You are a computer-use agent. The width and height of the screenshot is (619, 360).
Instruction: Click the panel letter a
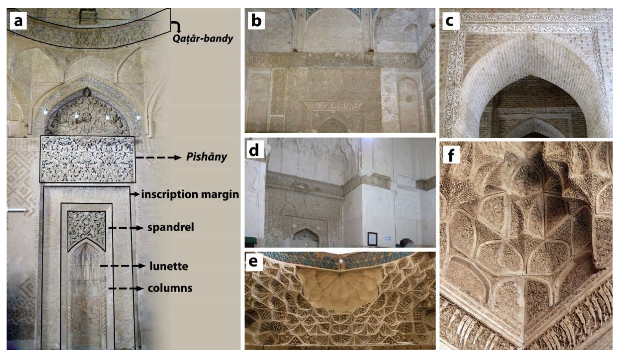pos(18,21)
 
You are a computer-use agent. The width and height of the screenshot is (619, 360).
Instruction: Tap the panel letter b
pos(256,21)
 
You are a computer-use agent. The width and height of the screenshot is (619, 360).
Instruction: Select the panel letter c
pos(449,21)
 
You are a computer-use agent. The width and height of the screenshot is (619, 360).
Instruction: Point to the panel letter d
pos(254,151)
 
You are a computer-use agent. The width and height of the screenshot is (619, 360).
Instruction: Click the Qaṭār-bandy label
pos(203,39)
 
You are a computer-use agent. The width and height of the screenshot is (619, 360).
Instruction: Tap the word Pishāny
pos(206,157)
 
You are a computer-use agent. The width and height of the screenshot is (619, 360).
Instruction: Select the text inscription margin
pos(190,194)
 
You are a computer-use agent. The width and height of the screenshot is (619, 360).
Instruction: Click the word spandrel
pos(171,227)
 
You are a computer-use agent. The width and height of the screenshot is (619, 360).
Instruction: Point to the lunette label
pos(169,266)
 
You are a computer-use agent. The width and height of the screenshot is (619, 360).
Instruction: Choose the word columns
pos(170,288)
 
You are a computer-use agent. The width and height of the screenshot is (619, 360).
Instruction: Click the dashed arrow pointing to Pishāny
pos(158,157)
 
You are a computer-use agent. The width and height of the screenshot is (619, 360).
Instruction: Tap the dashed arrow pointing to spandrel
pos(126,228)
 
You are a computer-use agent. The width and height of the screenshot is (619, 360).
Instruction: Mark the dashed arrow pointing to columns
pos(126,288)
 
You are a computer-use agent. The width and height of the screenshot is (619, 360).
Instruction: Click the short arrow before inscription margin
pos(135,194)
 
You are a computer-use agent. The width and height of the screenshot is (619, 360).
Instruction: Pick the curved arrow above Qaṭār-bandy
pos(176,26)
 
